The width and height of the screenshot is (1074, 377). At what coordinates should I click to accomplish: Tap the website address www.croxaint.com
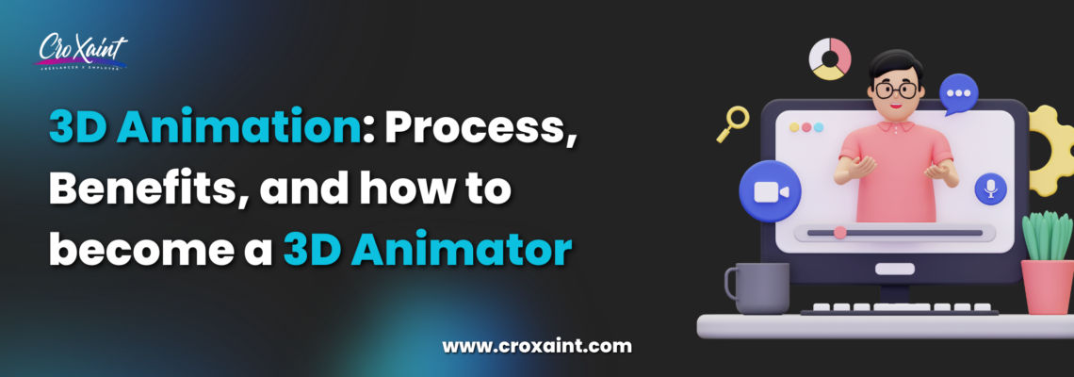pos(537,345)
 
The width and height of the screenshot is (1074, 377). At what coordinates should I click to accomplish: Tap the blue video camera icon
pos(770,191)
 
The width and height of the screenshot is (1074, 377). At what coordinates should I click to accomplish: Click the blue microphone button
pos(990,188)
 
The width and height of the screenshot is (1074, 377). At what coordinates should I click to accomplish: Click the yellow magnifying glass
pos(733,122)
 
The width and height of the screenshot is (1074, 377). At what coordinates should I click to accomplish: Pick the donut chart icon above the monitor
pos(830,58)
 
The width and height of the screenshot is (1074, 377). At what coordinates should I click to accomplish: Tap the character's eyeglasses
pos(895,90)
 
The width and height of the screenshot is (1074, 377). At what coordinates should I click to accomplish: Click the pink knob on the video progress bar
pos(839,232)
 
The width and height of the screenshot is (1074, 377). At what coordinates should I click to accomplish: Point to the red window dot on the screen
pos(793,127)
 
